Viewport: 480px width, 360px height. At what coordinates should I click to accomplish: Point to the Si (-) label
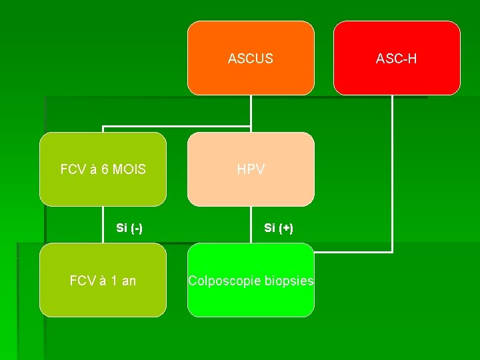click(129, 228)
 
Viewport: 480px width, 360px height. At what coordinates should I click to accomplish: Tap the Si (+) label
click(279, 228)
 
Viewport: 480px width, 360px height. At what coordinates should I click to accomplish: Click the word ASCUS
click(250, 59)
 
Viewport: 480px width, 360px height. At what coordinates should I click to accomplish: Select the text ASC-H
click(397, 59)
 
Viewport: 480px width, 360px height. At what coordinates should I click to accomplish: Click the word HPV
click(251, 170)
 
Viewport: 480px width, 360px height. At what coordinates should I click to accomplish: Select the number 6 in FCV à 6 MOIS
click(104, 170)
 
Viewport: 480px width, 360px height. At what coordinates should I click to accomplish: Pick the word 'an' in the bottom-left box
click(129, 281)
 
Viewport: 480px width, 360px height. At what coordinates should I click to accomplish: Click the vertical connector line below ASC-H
click(392, 173)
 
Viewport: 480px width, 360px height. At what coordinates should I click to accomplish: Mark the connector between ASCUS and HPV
click(251, 113)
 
